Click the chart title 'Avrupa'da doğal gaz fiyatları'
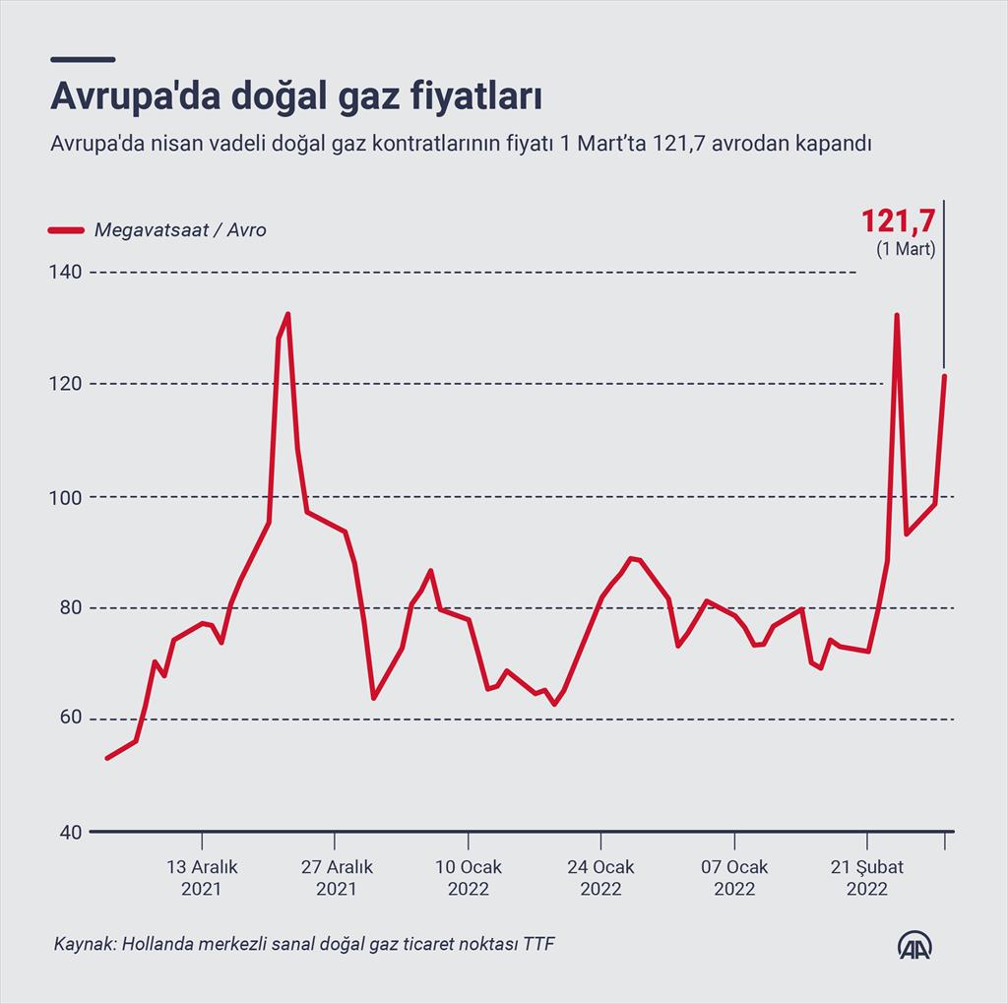296,98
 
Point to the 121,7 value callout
898,220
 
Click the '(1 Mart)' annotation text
906,249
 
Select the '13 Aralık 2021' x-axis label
202,877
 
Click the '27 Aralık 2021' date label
336,877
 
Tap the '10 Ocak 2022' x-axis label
469,877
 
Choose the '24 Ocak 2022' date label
600,877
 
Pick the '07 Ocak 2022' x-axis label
734,877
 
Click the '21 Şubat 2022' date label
867,877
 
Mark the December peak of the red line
287,314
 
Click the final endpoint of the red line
945,375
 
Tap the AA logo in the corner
915,944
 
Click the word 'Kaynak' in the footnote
83,945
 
